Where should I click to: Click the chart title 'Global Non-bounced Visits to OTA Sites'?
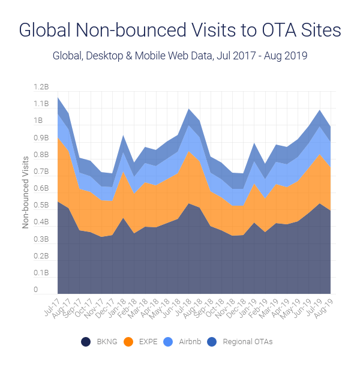pyautogui.click(x=180, y=31)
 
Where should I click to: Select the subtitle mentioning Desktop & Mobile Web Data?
pyautogui.click(x=180, y=57)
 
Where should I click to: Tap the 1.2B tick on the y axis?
pyautogui.click(x=41, y=88)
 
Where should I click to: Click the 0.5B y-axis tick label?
pyautogui.click(x=41, y=206)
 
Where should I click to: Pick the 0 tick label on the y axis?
pyautogui.click(x=36, y=290)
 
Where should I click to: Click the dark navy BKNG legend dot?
pyautogui.click(x=86, y=342)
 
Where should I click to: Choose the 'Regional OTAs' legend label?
pyautogui.click(x=248, y=342)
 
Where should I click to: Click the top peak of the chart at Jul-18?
pyautogui.click(x=189, y=109)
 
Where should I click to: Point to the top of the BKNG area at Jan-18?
pyautogui.click(x=124, y=218)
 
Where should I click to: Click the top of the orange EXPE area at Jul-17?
pyautogui.click(x=58, y=137)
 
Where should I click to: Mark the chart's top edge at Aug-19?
pyautogui.click(x=330, y=127)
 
